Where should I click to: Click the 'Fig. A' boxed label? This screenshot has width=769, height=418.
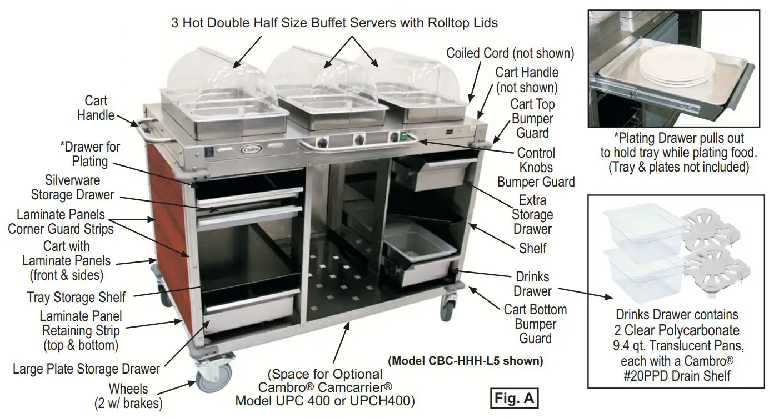(x=515, y=399)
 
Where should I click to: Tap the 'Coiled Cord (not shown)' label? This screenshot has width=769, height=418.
(x=510, y=53)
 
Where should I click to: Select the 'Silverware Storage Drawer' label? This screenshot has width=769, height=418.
(x=73, y=188)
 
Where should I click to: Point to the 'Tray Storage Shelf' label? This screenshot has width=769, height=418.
(x=76, y=297)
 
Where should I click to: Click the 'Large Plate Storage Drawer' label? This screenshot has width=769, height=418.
(x=86, y=369)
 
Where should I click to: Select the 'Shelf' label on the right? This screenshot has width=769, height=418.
(x=532, y=248)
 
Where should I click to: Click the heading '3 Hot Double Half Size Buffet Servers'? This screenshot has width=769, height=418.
(x=334, y=23)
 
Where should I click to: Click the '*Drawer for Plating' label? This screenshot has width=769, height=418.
(x=90, y=154)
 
